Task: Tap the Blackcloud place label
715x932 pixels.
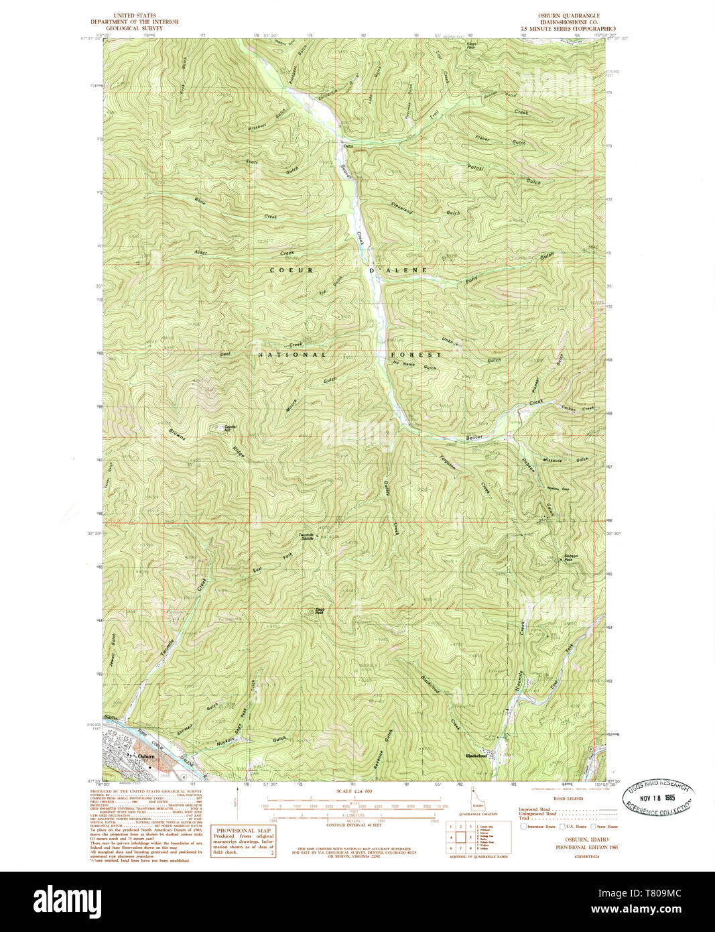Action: point(478,756)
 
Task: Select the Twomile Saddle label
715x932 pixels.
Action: point(306,536)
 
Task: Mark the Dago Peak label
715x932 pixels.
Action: point(320,611)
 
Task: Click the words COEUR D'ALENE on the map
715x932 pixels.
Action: point(348,270)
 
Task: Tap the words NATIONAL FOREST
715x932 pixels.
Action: point(350,354)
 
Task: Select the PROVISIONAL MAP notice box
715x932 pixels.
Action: point(243,841)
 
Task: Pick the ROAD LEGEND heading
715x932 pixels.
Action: point(568,799)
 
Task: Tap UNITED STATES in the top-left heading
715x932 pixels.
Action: point(135,15)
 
